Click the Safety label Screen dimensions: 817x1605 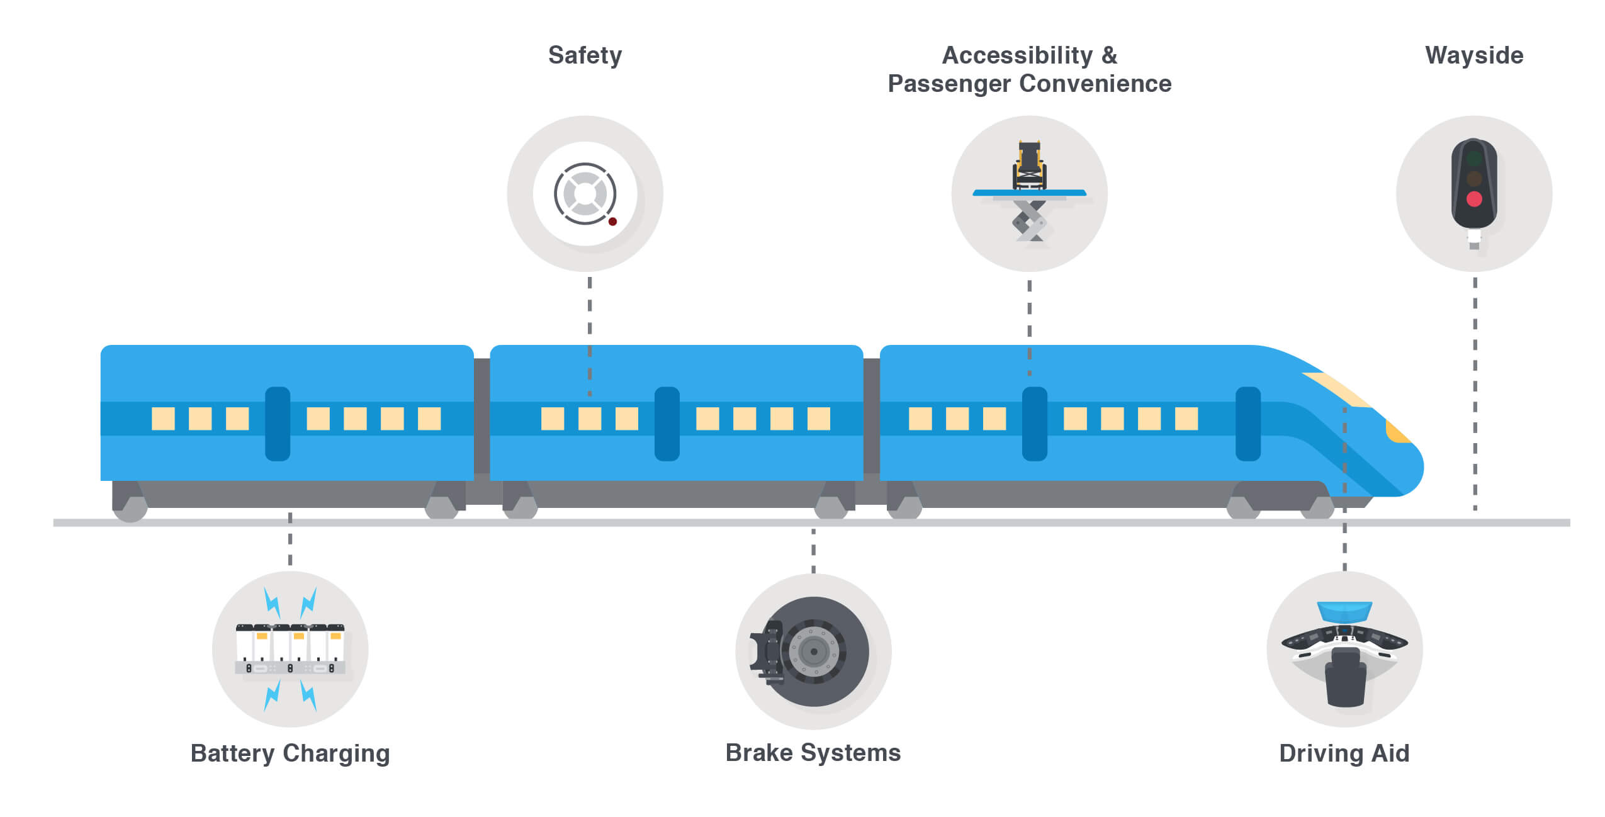pos(585,55)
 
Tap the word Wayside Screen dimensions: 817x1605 pos(1473,55)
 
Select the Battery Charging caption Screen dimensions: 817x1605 pos(290,753)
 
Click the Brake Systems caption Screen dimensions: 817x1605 pos(813,753)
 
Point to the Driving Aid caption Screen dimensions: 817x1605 pos(1344,753)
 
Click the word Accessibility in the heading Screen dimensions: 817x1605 pos(1017,55)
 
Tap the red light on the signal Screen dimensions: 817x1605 pos(1473,200)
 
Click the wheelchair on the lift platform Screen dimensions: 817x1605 pos(1029,165)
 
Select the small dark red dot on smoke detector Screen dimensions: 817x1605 pos(612,222)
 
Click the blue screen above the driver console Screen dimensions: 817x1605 pos(1344,611)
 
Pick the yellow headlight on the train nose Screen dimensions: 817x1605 pos(1397,432)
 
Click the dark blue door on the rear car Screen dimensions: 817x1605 pos(278,424)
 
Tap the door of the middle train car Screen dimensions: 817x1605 pos(667,424)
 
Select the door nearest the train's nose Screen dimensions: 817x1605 pos(1247,424)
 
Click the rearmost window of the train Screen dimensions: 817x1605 pos(163,419)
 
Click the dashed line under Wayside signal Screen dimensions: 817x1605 pos(1474,390)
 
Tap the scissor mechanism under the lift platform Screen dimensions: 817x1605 pos(1029,222)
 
